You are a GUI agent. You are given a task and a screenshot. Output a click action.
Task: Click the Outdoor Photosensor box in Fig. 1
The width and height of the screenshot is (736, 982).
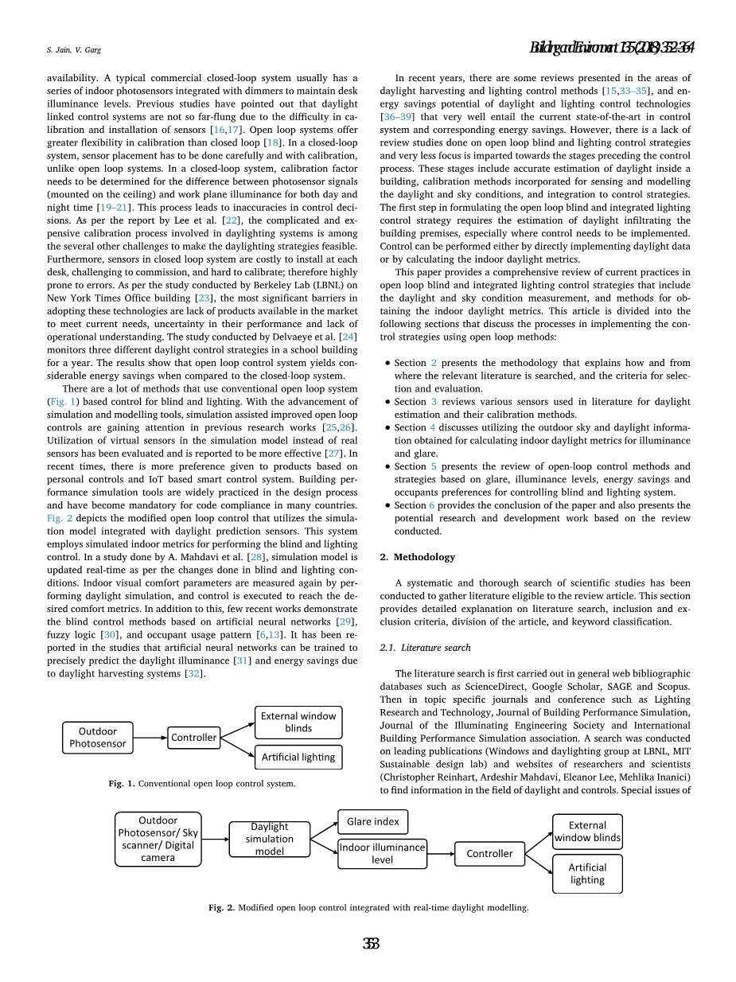(x=97, y=738)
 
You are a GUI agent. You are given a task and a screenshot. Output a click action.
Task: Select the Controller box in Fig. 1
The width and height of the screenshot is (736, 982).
(x=193, y=738)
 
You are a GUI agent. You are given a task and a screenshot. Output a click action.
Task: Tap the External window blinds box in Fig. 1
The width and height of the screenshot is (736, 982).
(x=298, y=722)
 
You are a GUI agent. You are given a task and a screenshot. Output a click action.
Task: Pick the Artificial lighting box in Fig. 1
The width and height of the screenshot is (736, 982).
(x=298, y=757)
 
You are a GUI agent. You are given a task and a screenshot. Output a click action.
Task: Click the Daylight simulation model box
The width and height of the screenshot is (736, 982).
(x=269, y=839)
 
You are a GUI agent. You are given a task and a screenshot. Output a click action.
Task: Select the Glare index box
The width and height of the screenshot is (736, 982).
(x=372, y=821)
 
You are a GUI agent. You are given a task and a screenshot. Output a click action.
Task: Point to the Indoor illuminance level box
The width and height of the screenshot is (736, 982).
(x=382, y=853)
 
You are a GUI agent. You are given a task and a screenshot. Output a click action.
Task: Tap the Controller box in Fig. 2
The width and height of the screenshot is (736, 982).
(x=489, y=854)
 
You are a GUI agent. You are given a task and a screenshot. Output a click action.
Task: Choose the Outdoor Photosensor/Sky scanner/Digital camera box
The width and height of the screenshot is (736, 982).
(x=158, y=839)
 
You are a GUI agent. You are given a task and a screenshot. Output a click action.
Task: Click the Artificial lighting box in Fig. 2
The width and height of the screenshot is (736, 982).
(x=587, y=874)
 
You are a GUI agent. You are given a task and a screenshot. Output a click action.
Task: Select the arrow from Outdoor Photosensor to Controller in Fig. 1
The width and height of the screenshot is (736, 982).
(x=150, y=738)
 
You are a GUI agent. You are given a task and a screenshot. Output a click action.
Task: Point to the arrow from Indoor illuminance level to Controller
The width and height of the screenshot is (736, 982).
(x=441, y=854)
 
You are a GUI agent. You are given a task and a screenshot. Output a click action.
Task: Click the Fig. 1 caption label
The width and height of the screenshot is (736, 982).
(x=122, y=784)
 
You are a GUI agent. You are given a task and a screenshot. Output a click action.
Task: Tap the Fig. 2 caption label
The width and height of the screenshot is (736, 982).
(x=221, y=907)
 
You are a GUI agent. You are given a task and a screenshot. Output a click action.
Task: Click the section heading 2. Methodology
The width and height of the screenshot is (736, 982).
(x=417, y=557)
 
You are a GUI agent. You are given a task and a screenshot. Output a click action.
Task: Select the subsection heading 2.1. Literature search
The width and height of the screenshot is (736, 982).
(x=425, y=648)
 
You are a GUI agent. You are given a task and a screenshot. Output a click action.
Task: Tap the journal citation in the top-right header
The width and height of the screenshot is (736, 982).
(x=612, y=49)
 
